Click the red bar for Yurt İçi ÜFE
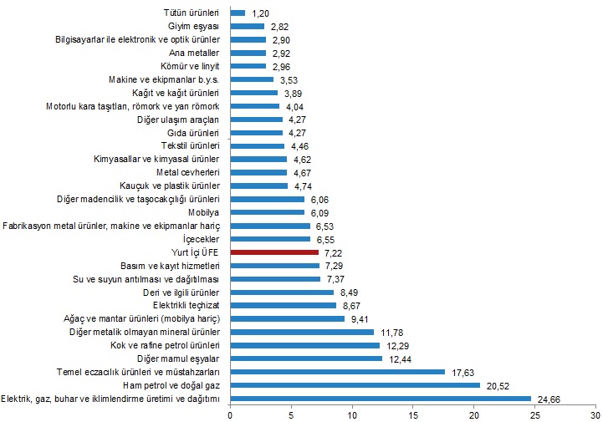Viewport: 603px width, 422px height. pyautogui.click(x=274, y=252)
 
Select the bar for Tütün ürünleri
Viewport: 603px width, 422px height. pyautogui.click(x=238, y=13)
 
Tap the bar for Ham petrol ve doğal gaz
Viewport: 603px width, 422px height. pyautogui.click(x=355, y=385)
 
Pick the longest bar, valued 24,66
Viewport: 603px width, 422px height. pyautogui.click(x=381, y=399)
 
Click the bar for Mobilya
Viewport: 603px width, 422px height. pyautogui.click(x=268, y=212)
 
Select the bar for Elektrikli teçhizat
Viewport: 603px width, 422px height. pyautogui.click(x=283, y=306)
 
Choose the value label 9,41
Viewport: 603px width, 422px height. pyautogui.click(x=360, y=318)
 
